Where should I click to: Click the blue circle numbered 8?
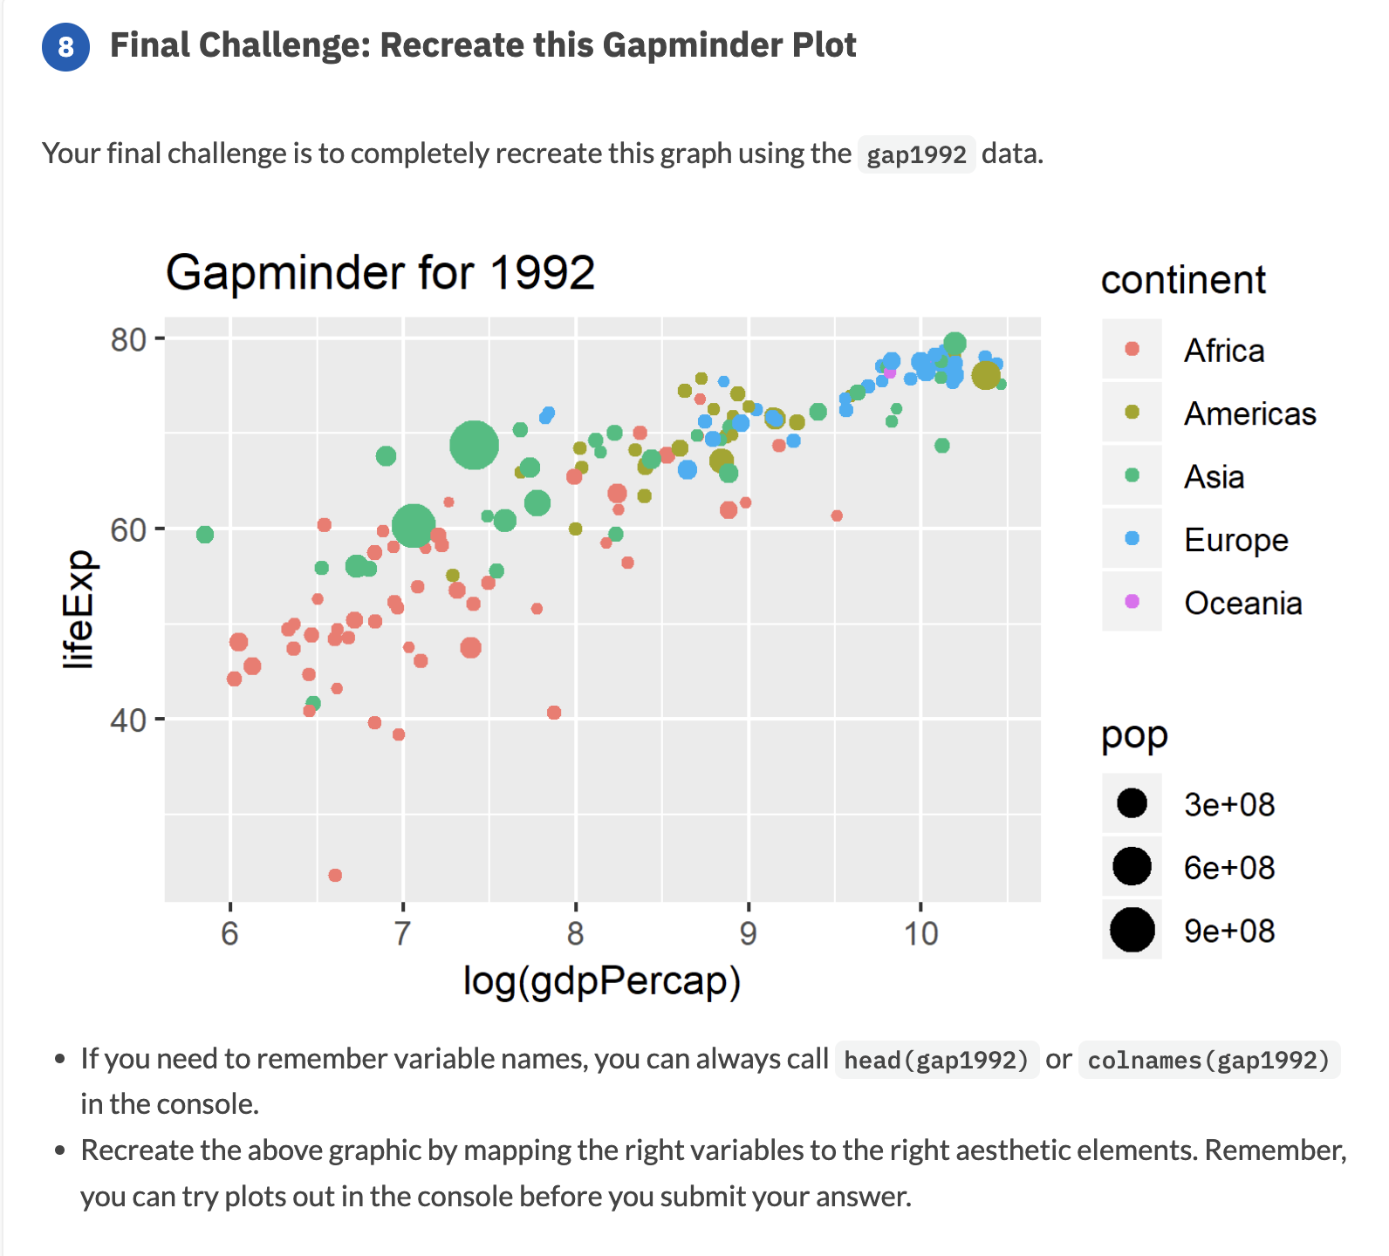pos(65,47)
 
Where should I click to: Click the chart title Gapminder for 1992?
pos(380,272)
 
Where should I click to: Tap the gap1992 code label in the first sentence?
pos(915,154)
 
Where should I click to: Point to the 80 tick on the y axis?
pos(128,339)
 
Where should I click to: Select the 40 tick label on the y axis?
pos(128,720)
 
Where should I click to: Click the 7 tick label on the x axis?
pos(402,934)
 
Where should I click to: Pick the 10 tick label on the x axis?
pos(920,934)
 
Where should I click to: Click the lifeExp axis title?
pos(79,610)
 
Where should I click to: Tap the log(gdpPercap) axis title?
pos(601,980)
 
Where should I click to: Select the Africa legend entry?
pos(1223,351)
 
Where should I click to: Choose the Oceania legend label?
pos(1242,603)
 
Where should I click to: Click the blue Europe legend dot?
pos(1132,539)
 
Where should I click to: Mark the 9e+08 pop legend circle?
pos(1132,930)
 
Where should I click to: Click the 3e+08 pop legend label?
pos(1228,804)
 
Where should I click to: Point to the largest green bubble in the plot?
pos(474,445)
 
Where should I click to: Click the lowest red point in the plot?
pos(335,875)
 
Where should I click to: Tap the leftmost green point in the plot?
pos(205,534)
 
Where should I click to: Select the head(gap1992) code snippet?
pos(936,1060)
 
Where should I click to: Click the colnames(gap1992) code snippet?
pos(1208,1060)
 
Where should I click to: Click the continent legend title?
pos(1182,280)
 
